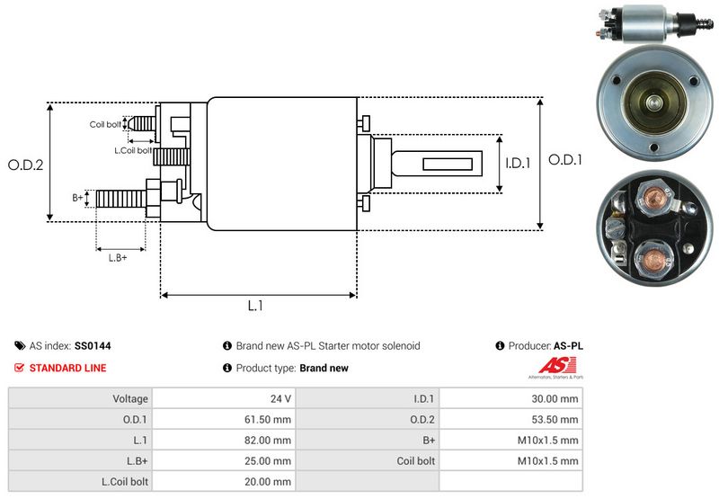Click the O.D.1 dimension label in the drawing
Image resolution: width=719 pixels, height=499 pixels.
pyautogui.click(x=565, y=160)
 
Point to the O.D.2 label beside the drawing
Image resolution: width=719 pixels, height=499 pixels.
pyautogui.click(x=26, y=165)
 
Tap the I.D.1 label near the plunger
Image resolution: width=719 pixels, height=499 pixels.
pyautogui.click(x=518, y=163)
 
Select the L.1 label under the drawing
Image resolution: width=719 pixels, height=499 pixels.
pyautogui.click(x=255, y=306)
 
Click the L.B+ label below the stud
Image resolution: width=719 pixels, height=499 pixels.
pyautogui.click(x=118, y=258)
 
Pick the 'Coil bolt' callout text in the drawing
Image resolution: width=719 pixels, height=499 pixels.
pyautogui.click(x=105, y=124)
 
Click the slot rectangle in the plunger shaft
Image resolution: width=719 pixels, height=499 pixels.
pyautogui.click(x=448, y=164)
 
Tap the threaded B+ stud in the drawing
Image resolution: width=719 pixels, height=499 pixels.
pyautogui.click(x=121, y=199)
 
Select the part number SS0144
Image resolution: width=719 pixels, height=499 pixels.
pyautogui.click(x=93, y=346)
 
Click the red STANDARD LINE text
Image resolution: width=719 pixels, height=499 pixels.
pyautogui.click(x=68, y=368)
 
